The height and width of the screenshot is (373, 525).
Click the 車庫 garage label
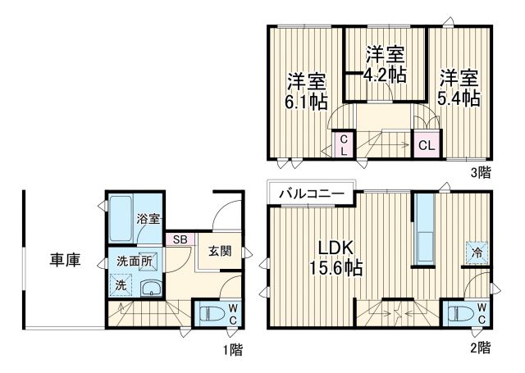(65, 261)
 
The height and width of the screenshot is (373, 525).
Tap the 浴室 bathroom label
(148, 219)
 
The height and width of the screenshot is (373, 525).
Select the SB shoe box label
(179, 240)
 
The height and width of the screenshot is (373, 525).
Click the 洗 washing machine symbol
(120, 286)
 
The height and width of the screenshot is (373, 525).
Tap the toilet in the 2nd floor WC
(458, 313)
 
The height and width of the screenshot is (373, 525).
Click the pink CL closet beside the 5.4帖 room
(426, 145)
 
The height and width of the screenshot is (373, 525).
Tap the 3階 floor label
(481, 172)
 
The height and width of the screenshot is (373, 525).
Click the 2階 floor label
(479, 348)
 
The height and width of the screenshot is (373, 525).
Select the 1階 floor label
(232, 348)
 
